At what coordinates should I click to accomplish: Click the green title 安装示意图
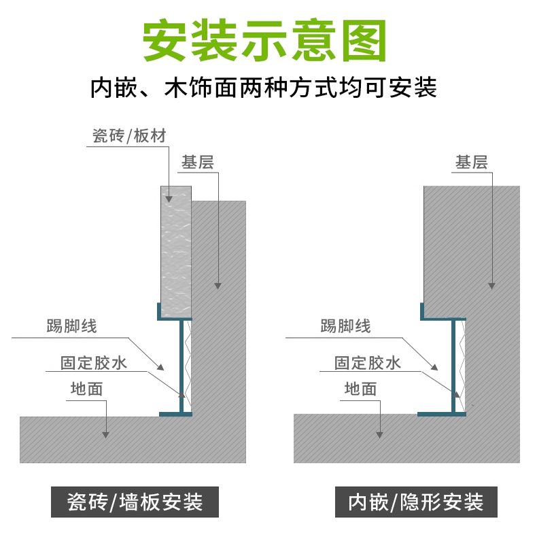[264, 40]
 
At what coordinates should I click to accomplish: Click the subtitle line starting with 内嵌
[264, 88]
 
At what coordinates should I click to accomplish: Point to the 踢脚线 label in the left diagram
[72, 326]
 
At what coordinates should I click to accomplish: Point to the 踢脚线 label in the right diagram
[346, 326]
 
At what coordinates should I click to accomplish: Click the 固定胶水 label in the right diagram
[368, 362]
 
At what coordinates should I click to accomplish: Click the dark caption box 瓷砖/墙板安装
[136, 503]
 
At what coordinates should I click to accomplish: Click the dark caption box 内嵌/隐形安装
[416, 503]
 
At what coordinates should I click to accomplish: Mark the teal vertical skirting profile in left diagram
[181, 367]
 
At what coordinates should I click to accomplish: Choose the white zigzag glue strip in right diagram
[462, 367]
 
